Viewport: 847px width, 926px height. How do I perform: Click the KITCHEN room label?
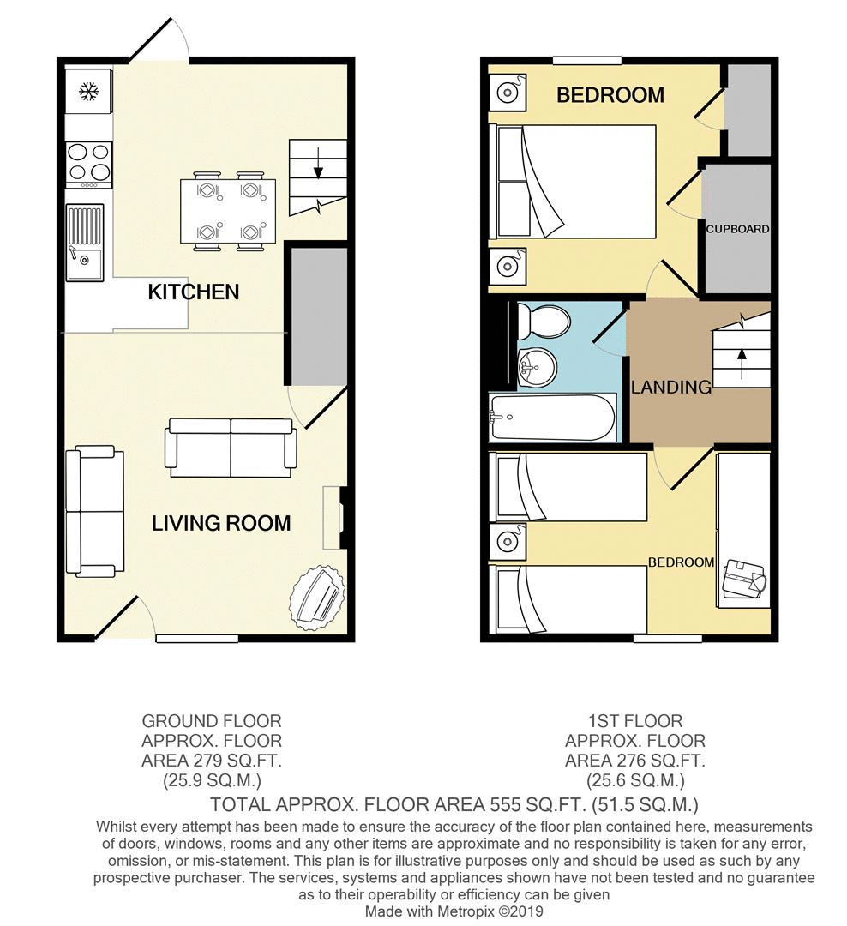(193, 292)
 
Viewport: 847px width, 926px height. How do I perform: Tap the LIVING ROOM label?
(221, 523)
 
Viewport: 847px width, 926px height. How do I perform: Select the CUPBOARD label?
(738, 229)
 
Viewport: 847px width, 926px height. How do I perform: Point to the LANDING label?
(671, 388)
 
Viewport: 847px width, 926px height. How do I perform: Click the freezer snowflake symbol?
(88, 91)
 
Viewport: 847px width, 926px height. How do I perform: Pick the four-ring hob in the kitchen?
(89, 162)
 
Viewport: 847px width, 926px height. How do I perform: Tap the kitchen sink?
(85, 243)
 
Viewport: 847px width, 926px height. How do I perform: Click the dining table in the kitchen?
(228, 211)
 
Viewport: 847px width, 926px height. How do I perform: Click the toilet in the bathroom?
(544, 322)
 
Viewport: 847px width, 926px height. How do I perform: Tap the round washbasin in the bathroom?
(537, 367)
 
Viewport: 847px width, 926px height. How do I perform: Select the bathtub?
(552, 418)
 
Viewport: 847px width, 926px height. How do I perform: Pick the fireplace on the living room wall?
(334, 518)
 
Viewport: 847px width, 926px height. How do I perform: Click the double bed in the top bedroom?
(573, 181)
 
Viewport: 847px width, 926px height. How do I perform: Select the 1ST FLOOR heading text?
(635, 721)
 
